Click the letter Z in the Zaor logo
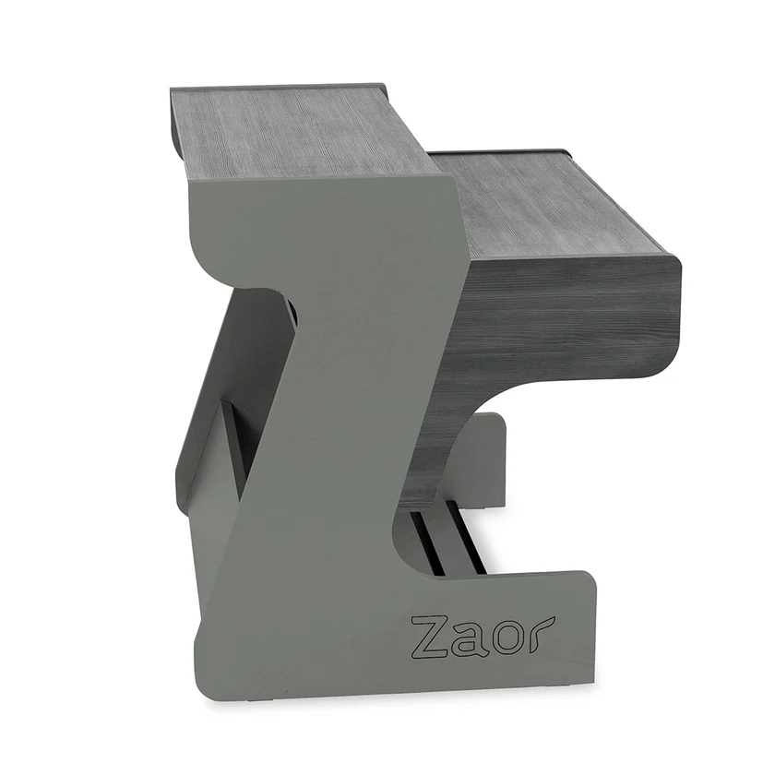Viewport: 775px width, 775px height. (430, 635)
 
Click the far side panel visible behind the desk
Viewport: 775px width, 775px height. (480, 461)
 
